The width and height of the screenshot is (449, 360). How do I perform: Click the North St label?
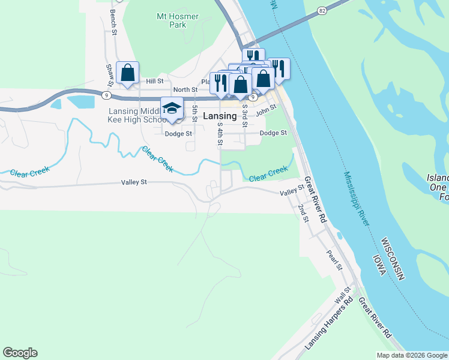pos(185,90)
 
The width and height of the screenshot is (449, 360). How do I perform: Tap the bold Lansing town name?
pos(220,116)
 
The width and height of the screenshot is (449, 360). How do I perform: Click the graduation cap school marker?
pos(172,108)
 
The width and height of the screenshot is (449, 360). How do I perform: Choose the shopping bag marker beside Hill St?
pos(128,73)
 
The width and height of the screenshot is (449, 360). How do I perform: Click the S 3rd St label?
pos(245,115)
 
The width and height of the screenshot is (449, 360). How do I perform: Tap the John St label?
pos(265,110)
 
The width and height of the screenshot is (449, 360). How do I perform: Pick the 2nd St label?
pos(303,213)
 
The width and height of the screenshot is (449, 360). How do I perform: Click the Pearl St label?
pos(334,259)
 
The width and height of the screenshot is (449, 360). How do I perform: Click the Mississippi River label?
pos(357,199)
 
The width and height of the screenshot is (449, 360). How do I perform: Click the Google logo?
pos(20,353)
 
